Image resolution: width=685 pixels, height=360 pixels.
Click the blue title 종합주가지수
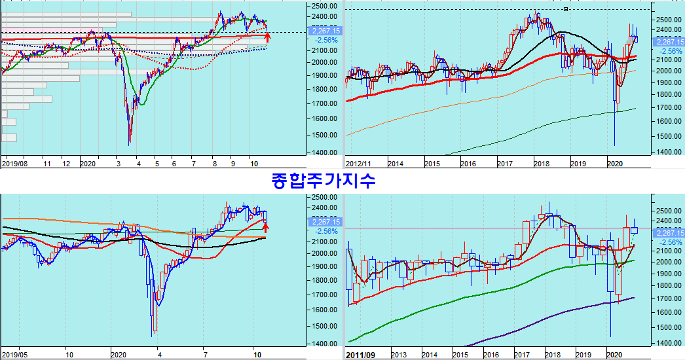click(x=323, y=180)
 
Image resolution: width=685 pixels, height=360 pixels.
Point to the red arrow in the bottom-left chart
click(x=265, y=228)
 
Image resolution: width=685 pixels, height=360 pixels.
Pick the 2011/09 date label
click(x=361, y=354)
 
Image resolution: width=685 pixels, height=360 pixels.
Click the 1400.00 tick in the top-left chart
click(x=325, y=153)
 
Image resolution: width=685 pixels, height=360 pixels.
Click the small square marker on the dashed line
click(x=566, y=9)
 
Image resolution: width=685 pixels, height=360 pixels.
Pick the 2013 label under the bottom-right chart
click(x=399, y=354)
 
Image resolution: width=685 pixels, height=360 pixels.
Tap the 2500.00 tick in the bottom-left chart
click(x=325, y=197)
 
